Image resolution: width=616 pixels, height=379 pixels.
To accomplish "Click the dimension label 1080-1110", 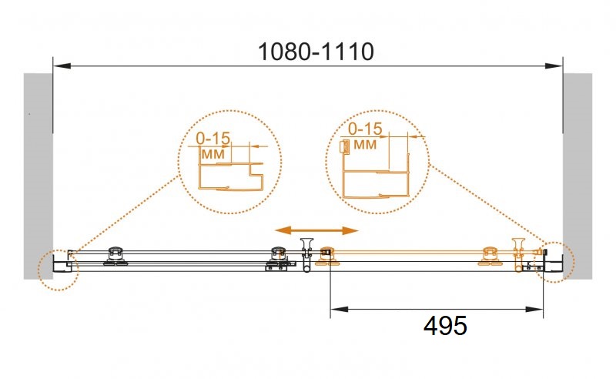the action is pos(316,52).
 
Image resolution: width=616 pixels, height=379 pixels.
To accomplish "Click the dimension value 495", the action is pos(445,326).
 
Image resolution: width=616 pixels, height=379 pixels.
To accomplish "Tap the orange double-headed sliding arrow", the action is pos(316,230).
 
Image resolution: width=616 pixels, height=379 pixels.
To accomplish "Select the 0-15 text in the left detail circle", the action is pos(213,138).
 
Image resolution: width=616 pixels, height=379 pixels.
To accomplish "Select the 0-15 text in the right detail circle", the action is pos(365,129).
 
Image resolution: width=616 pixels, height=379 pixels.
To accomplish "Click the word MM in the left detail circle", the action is pos(213,154).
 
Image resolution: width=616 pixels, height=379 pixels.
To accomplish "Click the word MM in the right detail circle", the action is pos(365,145).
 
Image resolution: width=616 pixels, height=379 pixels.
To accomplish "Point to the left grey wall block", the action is pos(38,176).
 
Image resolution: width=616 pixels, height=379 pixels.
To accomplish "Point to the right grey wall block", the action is pos(577,176).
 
